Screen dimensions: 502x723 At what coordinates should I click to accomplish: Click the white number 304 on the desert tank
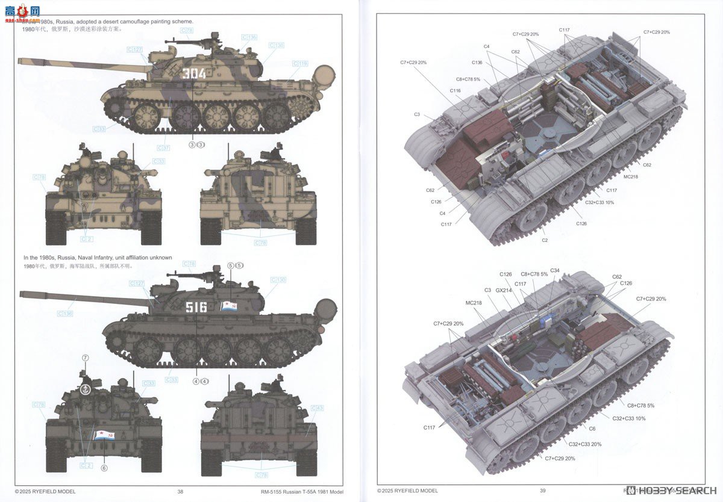pos(193,74)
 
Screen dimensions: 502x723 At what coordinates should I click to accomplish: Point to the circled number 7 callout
pos(85,358)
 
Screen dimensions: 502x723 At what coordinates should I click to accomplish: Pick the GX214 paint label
pos(504,290)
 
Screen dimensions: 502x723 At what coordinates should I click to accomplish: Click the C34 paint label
pos(554,270)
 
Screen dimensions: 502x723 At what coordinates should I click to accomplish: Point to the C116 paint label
pos(455,90)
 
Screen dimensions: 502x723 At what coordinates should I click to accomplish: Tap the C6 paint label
pos(592,429)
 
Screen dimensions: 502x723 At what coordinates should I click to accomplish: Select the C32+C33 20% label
pos(585,444)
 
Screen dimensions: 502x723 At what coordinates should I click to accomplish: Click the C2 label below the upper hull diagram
pos(545,240)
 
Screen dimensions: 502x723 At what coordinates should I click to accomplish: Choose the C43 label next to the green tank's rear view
pos(316,409)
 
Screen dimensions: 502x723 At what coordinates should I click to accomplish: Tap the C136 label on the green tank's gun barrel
pos(65,314)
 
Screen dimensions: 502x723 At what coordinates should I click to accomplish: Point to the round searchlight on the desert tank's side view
pos(325,75)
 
